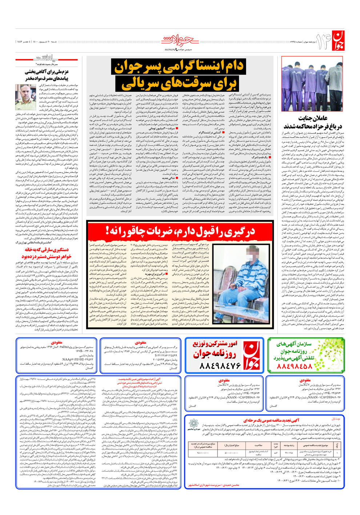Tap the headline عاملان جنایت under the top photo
[313, 118]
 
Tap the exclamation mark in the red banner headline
[108, 231]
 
